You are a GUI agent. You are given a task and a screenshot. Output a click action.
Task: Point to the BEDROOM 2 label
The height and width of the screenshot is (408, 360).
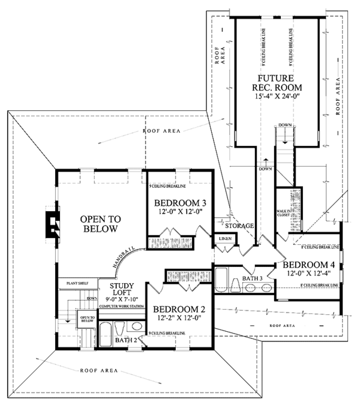coord(178,310)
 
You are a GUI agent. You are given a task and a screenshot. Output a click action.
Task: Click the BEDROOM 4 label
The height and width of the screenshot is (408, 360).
coord(308,265)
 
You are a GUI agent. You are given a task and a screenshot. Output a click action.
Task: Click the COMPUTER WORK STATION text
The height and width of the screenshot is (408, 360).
coord(122,307)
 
